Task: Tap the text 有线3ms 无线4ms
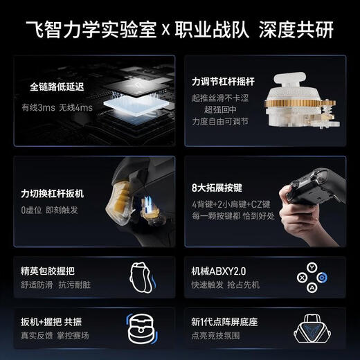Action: (x=57, y=107)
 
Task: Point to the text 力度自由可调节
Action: (x=219, y=120)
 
